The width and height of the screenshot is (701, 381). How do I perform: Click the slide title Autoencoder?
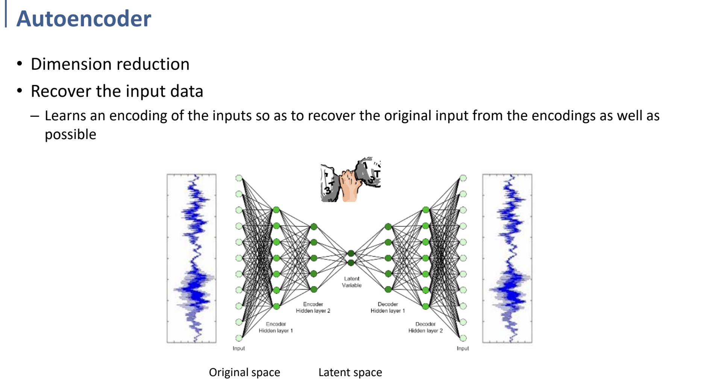[83, 18]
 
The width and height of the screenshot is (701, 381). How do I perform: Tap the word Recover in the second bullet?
[61, 91]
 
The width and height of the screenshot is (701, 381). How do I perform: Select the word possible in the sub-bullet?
[70, 134]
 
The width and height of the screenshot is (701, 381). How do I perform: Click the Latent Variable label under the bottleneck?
[352, 282]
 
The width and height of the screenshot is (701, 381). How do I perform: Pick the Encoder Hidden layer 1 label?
[276, 327]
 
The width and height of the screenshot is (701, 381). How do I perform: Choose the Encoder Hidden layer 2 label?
[313, 307]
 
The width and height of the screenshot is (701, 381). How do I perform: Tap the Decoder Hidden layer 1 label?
[388, 307]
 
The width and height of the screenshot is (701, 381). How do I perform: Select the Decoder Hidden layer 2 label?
[425, 327]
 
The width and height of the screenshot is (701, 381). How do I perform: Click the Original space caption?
[244, 372]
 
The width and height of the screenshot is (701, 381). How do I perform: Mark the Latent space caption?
[350, 372]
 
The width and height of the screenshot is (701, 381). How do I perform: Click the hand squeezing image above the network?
[350, 180]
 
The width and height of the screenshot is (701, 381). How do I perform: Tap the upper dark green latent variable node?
[351, 254]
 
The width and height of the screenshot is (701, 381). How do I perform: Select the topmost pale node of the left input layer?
[239, 178]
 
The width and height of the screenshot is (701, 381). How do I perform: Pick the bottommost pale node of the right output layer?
[463, 338]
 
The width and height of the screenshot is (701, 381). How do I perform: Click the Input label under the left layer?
[239, 348]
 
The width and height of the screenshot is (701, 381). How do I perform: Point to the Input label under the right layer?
[463, 348]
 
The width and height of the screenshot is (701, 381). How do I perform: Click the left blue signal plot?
[192, 258]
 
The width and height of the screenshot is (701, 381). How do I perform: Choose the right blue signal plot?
[507, 258]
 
